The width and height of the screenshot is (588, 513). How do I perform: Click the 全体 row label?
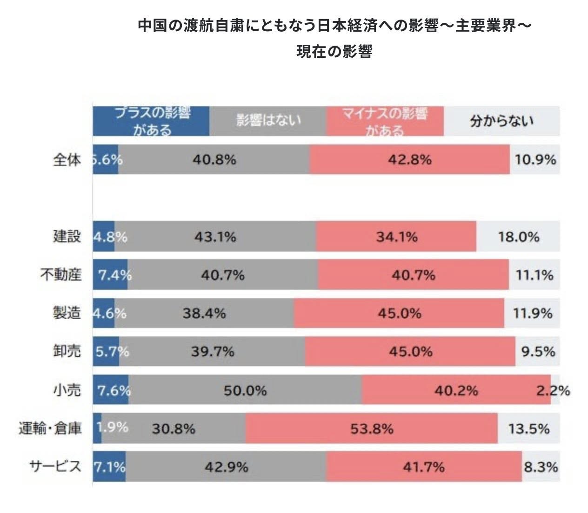pyautogui.click(x=67, y=160)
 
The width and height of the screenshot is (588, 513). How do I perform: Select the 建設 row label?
pyautogui.click(x=67, y=236)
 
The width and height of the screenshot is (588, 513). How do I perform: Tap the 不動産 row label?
pyautogui.click(x=61, y=274)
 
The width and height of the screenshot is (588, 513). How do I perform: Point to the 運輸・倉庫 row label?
pyautogui.click(x=50, y=428)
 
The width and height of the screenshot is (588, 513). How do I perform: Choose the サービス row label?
pyautogui.click(x=55, y=466)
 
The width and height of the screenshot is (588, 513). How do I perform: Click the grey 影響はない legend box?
pyautogui.click(x=268, y=121)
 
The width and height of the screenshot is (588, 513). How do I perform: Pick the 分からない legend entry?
pyautogui.click(x=501, y=121)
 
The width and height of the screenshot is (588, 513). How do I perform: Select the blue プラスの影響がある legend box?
pyautogui.click(x=151, y=121)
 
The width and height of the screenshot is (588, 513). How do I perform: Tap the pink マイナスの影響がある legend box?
pyautogui.click(x=385, y=121)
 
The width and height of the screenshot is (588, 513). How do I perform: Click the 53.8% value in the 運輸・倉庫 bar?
pyautogui.click(x=372, y=428)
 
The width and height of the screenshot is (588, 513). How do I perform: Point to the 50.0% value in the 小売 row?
pyautogui.click(x=245, y=390)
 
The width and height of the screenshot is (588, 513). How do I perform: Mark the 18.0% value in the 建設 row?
pyautogui.click(x=519, y=237)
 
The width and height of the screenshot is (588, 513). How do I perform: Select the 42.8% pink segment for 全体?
pyautogui.click(x=409, y=160)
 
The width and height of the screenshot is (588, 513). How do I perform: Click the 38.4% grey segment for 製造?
pyautogui.click(x=204, y=313)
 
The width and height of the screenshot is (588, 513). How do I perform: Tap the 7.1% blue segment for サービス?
pyautogui.click(x=110, y=466)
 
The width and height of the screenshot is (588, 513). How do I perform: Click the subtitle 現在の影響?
pyautogui.click(x=334, y=51)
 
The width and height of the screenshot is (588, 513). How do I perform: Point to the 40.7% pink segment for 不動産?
pyautogui.click(x=413, y=275)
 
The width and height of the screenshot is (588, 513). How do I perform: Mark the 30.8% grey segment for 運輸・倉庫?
pyautogui.click(x=174, y=428)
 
